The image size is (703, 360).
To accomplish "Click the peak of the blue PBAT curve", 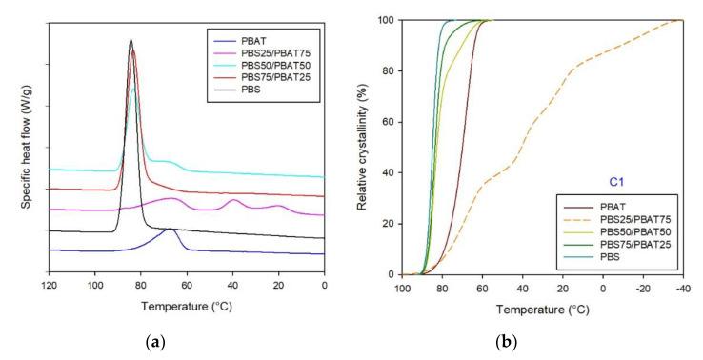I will (170, 230).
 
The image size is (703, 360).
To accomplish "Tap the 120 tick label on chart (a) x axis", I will (48, 284).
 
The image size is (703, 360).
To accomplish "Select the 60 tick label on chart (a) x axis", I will (187, 284).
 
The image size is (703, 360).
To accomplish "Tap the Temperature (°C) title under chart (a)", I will (186, 306).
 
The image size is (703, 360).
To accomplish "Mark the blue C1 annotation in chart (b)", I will (618, 180).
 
